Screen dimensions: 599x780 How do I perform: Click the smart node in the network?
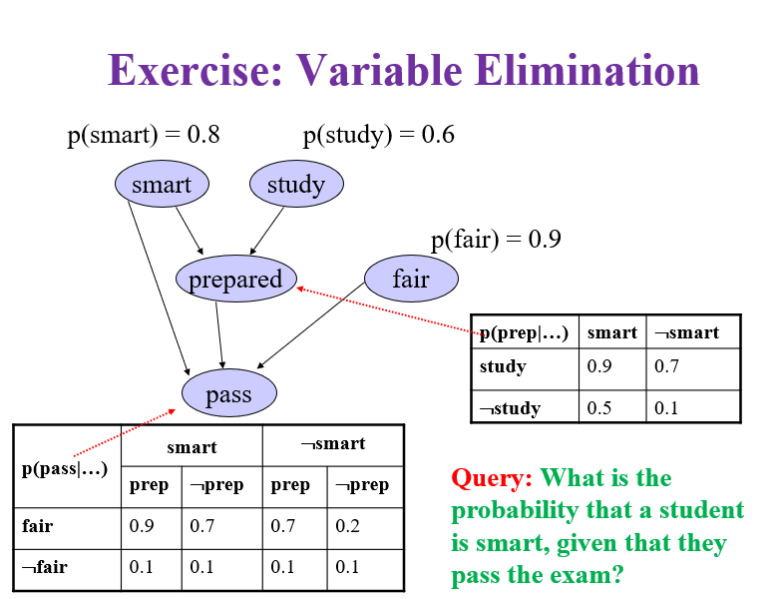(162, 185)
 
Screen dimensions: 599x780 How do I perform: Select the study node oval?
(296, 185)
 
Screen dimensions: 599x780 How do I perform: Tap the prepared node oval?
(235, 280)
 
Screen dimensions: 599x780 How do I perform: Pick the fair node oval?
(411, 280)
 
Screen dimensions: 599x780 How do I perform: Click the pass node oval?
(228, 394)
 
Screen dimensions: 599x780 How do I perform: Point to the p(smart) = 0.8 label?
(144, 135)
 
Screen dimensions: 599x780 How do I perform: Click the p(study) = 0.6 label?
(379, 135)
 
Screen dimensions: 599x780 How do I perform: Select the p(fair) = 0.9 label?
(496, 240)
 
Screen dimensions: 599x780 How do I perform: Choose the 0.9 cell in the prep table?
(599, 367)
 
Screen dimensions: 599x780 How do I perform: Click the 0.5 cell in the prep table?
(599, 407)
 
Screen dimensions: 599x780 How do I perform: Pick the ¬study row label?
(510, 407)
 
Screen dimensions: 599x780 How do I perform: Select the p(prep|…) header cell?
(525, 332)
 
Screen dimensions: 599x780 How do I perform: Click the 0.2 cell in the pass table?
(348, 526)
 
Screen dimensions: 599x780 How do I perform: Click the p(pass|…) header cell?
(65, 466)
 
